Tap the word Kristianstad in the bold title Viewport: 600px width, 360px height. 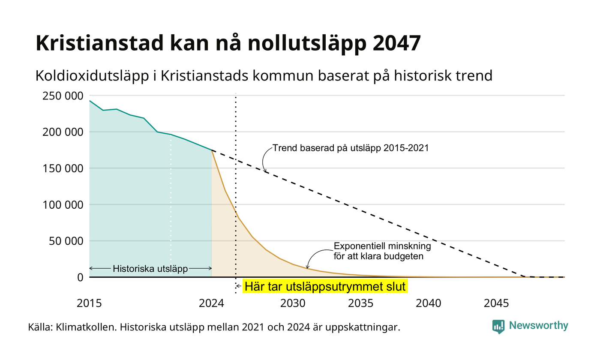(99, 43)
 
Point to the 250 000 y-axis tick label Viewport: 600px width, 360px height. (63, 96)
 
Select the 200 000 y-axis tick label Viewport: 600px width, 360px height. (63, 132)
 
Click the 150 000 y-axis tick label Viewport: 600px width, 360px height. (63, 168)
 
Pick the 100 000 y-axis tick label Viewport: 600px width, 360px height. (63, 205)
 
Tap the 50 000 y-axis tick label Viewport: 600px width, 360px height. (66, 241)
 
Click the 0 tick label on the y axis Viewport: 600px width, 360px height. (81, 278)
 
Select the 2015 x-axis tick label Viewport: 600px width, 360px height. (89, 303)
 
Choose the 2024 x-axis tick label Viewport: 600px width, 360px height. (212, 303)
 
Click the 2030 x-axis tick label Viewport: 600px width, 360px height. (293, 303)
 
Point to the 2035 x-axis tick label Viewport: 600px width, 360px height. (361, 303)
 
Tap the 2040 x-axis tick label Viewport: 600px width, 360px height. (429, 303)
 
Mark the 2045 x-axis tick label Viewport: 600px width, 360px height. (496, 303)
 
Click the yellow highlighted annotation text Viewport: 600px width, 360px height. (325, 287)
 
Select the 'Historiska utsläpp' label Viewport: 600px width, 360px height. (150, 269)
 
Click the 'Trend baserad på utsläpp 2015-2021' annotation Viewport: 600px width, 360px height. (351, 148)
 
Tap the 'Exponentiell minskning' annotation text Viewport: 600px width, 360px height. (382, 246)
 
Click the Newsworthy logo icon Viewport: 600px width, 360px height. (498, 327)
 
